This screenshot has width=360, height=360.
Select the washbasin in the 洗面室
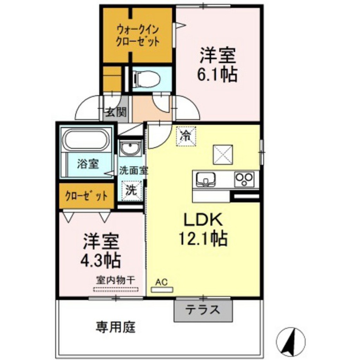(x=130, y=148)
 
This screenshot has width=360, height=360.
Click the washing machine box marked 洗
(x=131, y=191)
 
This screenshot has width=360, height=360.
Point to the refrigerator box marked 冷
(x=186, y=136)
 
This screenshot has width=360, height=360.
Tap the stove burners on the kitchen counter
(x=244, y=179)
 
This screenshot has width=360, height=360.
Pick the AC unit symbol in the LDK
(x=162, y=290)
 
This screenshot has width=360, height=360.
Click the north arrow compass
(x=291, y=342)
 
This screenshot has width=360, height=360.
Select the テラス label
(x=202, y=310)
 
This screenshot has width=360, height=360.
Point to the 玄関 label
(x=116, y=112)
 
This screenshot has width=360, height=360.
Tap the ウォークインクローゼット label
(x=137, y=37)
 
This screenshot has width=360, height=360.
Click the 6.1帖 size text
(x=217, y=75)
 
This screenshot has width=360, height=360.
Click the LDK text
(x=202, y=220)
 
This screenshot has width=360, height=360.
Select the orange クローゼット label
(x=86, y=196)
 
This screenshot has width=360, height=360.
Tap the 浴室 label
(x=88, y=165)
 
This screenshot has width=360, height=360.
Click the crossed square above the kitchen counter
(x=223, y=155)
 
